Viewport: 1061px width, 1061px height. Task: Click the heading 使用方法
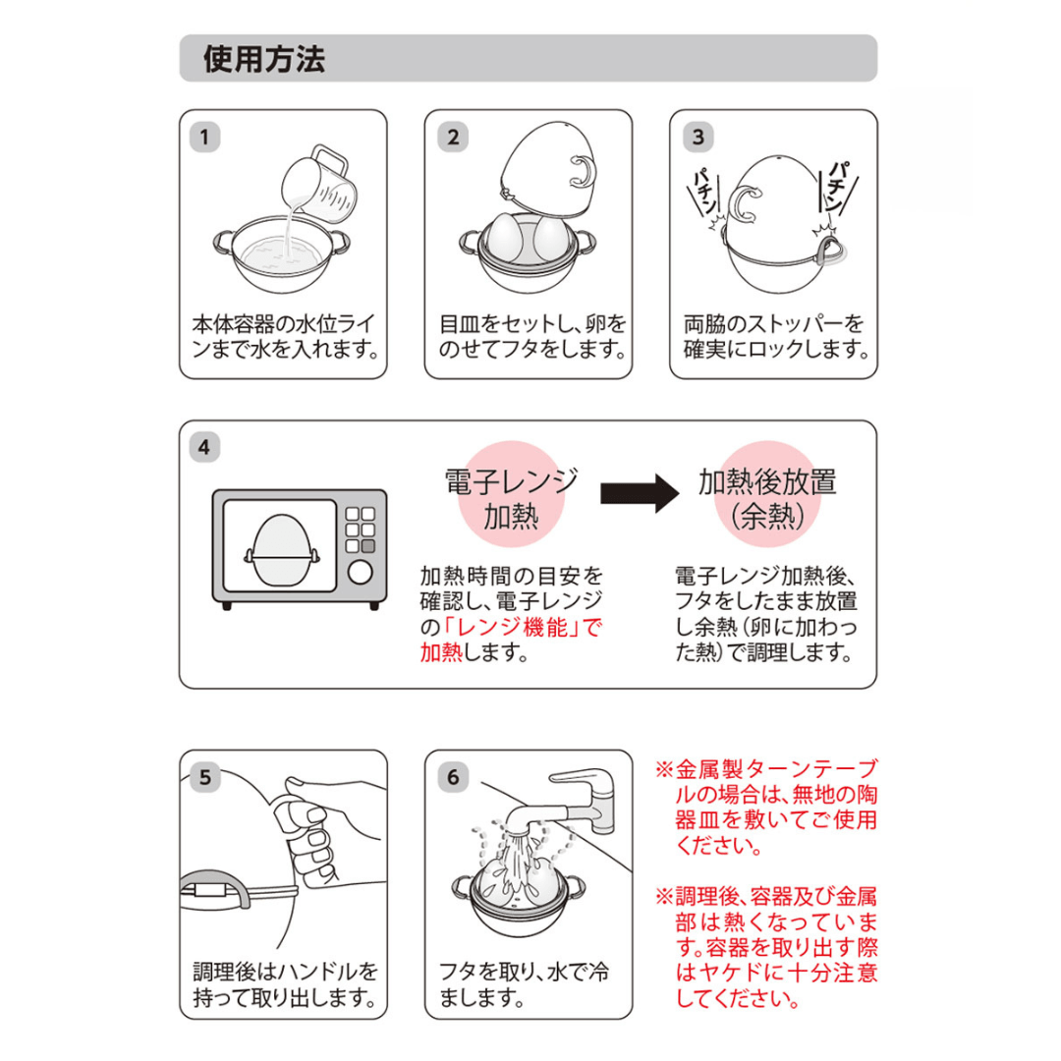pyautogui.click(x=263, y=60)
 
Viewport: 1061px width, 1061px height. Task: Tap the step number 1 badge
pyautogui.click(x=203, y=137)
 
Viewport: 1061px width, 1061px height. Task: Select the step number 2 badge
pyautogui.click(x=451, y=137)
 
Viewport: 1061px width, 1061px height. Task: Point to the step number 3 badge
pyautogui.click(x=697, y=137)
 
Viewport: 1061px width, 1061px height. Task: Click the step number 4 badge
pyautogui.click(x=203, y=448)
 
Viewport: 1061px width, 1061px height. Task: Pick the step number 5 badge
pyautogui.click(x=203, y=776)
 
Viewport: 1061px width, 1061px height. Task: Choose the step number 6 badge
pyautogui.click(x=451, y=776)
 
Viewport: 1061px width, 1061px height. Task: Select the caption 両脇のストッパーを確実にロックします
pyautogui.click(x=774, y=335)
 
